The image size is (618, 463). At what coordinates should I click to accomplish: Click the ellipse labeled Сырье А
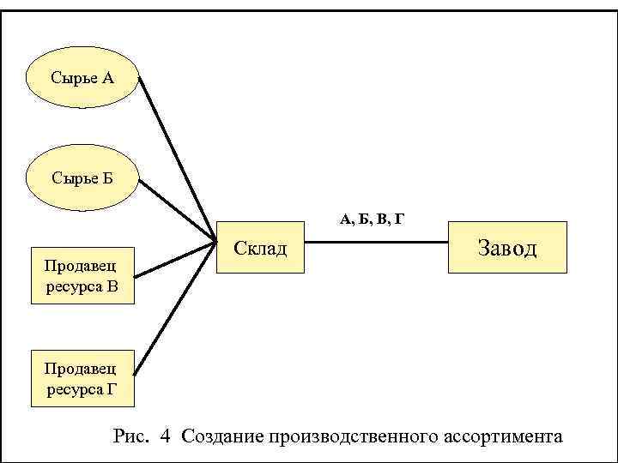(82, 78)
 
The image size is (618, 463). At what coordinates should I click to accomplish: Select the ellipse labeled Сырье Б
(82, 178)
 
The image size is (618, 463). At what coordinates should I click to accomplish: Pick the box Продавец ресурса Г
(82, 378)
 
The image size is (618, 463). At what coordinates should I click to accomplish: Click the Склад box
(260, 248)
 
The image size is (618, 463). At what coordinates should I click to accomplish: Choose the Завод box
(506, 248)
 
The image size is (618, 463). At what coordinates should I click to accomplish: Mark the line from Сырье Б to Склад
(176, 211)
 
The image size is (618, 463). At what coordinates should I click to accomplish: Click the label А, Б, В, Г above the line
(372, 220)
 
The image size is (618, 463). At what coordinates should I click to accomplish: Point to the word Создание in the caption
(222, 436)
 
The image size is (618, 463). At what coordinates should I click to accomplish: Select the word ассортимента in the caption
(504, 436)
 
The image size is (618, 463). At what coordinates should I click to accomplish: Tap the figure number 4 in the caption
(165, 436)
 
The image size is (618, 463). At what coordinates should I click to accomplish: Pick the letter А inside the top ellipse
(107, 79)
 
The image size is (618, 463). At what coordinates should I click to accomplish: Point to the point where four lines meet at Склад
(214, 241)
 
